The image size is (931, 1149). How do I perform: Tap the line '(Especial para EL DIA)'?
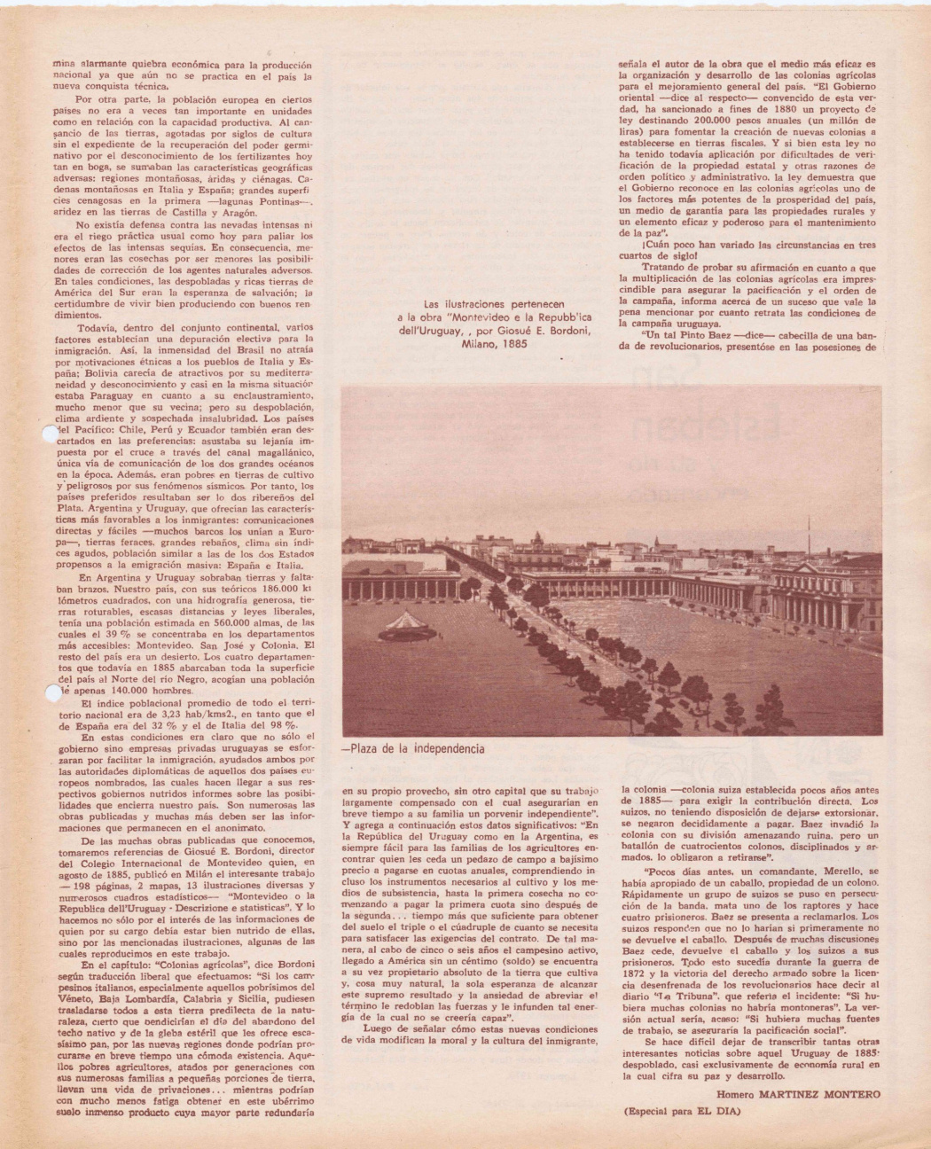(686, 1110)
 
